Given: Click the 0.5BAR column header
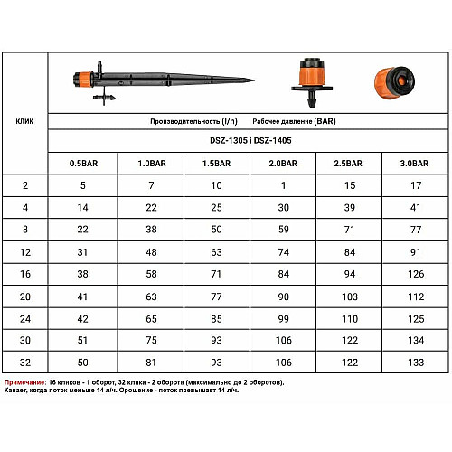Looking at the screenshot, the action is click(x=83, y=164).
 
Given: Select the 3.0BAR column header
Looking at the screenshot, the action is click(x=414, y=164).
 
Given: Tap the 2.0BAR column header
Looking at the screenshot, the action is click(x=283, y=164).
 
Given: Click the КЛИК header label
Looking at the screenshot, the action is click(x=24, y=121).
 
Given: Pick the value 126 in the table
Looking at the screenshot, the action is click(x=416, y=274).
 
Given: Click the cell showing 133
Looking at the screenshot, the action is click(x=416, y=363).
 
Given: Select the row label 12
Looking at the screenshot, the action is click(x=25, y=252).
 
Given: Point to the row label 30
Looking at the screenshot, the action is click(x=25, y=340).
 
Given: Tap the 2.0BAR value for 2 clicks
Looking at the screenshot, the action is click(x=283, y=185).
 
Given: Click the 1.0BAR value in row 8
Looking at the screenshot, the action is click(x=151, y=230).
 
